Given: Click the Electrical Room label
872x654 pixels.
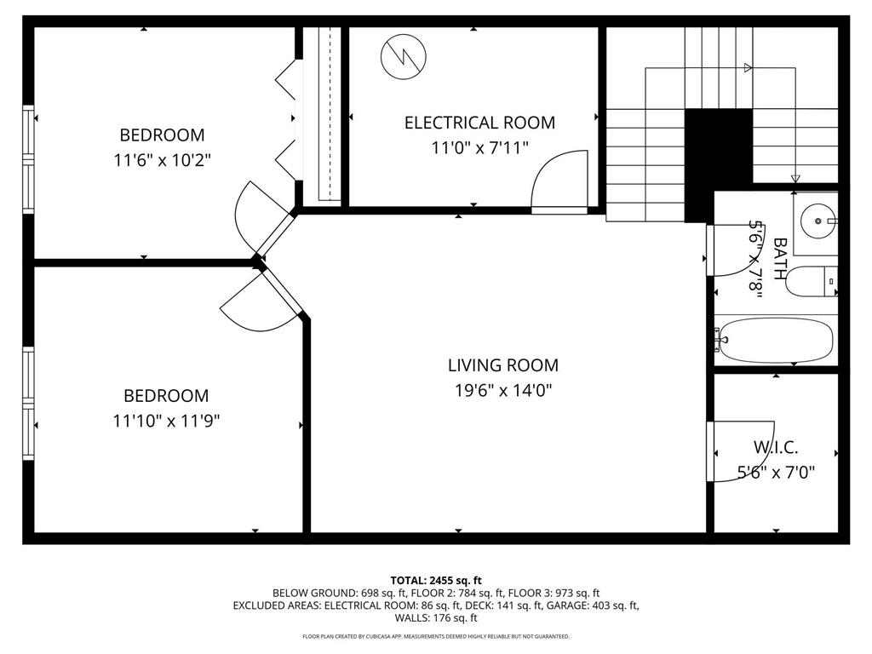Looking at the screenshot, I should tap(479, 123).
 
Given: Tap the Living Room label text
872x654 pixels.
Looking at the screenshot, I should tap(502, 365).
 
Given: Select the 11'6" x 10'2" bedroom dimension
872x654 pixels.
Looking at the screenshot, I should tap(162, 159).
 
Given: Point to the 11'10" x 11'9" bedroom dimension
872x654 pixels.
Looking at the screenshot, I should tap(166, 421).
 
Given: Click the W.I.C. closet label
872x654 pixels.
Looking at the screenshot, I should tap(776, 447).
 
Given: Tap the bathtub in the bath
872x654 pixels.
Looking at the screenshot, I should tap(775, 340).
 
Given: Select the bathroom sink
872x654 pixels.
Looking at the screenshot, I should tap(817, 222).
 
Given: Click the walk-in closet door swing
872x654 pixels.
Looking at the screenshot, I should tap(741, 451).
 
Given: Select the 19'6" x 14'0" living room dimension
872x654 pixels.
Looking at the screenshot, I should tap(502, 391).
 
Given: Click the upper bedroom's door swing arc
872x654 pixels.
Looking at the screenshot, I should tap(254, 209).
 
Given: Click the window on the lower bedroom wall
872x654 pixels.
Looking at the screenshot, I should tap(28, 403).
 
